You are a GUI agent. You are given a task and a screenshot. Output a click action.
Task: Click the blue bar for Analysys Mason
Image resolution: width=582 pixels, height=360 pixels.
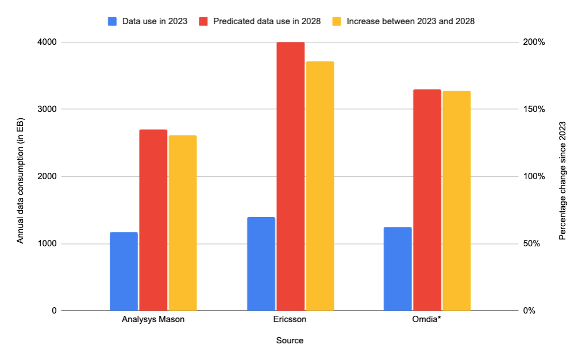124,271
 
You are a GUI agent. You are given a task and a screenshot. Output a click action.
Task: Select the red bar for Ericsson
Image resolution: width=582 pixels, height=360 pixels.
290,176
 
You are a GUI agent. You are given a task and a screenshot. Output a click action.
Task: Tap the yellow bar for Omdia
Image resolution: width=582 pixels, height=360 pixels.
456,200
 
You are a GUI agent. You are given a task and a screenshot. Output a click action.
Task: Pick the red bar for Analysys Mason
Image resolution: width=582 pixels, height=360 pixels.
153,220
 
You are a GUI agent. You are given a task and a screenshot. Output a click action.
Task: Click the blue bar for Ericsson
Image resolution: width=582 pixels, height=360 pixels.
261,264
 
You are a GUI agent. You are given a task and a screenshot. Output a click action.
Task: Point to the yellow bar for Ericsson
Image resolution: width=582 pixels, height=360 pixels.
319,185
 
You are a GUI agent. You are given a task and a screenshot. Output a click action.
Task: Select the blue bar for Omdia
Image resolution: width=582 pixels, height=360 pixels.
398,269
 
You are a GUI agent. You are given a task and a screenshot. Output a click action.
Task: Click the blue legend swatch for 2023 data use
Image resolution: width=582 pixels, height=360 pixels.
112,21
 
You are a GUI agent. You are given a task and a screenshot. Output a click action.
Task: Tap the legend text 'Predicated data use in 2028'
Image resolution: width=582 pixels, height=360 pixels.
267,21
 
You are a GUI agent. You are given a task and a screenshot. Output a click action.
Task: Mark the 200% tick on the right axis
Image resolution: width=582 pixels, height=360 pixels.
533,42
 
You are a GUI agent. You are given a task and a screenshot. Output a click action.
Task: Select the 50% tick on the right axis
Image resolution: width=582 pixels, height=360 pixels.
531,244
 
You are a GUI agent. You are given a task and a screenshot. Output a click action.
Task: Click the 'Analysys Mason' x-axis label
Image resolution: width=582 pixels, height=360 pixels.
153,319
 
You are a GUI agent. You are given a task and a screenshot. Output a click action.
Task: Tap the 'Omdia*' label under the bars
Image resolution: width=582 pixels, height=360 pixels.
427,319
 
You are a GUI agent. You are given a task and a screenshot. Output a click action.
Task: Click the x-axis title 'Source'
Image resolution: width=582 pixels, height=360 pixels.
290,340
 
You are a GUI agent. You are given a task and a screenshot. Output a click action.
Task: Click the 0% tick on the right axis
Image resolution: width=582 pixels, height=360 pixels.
529,311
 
